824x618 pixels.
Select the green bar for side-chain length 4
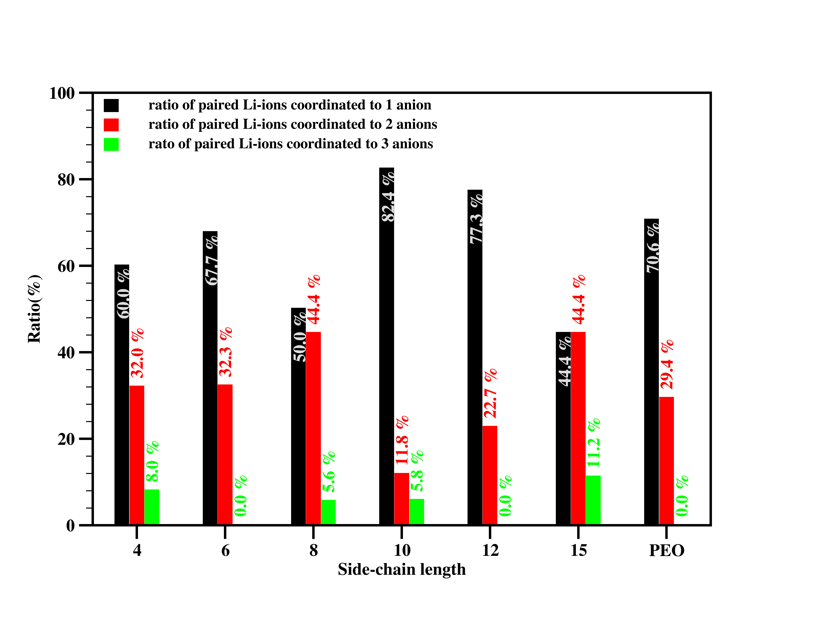click(x=152, y=507)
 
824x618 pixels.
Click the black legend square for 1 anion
click(x=111, y=105)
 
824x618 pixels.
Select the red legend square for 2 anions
click(x=111, y=125)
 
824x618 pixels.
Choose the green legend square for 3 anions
click(x=111, y=144)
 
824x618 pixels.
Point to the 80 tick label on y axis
click(x=66, y=180)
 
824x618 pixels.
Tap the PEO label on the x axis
click(x=666, y=551)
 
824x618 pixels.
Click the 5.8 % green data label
click(x=417, y=471)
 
